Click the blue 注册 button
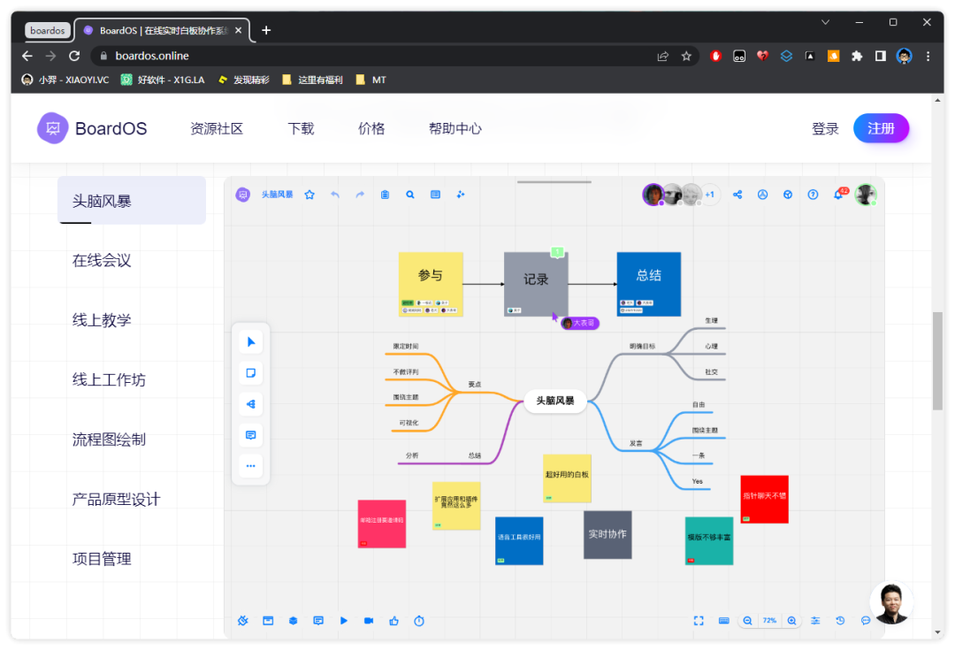(881, 128)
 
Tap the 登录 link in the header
(825, 129)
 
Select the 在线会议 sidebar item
(102, 260)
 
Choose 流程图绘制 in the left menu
(109, 440)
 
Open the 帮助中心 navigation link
(455, 128)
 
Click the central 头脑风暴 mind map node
(555, 401)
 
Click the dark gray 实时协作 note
(607, 534)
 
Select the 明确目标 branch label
(643, 347)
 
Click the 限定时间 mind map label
(406, 347)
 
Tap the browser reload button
(74, 56)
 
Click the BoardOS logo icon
(52, 128)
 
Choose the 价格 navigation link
(371, 128)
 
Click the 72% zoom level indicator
(769, 621)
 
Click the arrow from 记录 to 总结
(592, 284)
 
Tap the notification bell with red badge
(838, 195)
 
